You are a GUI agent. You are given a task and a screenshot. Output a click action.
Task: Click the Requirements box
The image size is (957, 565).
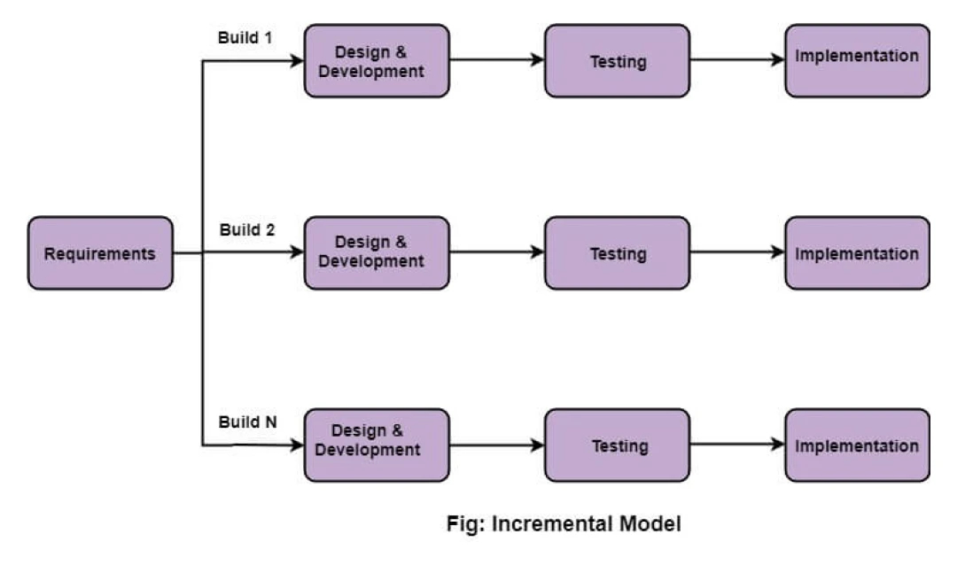pos(100,253)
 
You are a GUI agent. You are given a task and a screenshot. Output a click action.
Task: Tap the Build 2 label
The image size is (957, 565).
pos(247,230)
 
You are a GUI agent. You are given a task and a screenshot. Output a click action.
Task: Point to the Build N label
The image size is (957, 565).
pos(248,422)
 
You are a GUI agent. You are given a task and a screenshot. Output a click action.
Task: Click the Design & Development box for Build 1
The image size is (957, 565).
pos(377,61)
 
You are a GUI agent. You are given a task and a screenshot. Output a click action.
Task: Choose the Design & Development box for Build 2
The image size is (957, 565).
pos(377,253)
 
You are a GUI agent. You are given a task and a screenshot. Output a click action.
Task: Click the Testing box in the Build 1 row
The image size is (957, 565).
pos(617,61)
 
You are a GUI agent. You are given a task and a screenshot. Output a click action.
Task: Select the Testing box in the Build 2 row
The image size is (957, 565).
pos(617,253)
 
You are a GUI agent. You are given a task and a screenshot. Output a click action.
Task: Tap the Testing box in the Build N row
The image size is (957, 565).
pos(617,445)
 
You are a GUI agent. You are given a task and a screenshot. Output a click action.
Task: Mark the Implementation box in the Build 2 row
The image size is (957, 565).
pos(857,253)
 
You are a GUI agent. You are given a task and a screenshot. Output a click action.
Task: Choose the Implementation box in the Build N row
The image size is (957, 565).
pos(857,445)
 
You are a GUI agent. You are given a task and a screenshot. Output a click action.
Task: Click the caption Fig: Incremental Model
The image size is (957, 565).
pos(564,524)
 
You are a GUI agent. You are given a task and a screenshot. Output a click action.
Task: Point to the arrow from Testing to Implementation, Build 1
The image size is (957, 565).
pos(736,60)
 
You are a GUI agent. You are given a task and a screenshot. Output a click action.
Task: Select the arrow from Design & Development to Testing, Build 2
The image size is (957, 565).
pos(496,252)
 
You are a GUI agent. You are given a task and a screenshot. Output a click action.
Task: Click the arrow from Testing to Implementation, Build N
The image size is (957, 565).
pos(736,445)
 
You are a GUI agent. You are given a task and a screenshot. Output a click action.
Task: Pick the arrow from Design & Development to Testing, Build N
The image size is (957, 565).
pos(496,445)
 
